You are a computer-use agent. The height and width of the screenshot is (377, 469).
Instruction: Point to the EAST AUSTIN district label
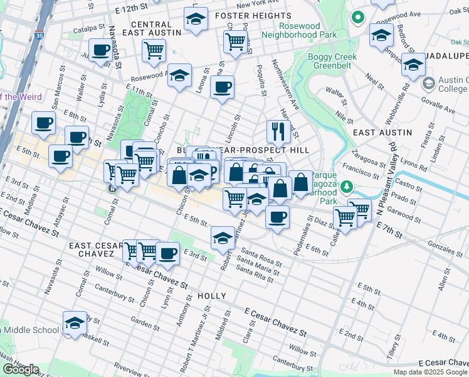[x=382, y=133]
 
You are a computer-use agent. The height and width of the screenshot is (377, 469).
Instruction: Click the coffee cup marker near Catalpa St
[x=100, y=50]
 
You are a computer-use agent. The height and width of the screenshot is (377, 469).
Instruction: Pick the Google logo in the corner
[x=21, y=370]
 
